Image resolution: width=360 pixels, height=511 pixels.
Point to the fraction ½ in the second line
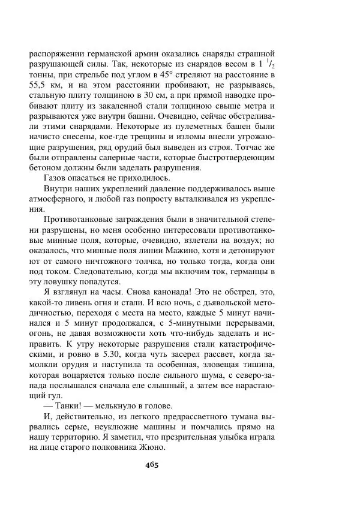point(270,63)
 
